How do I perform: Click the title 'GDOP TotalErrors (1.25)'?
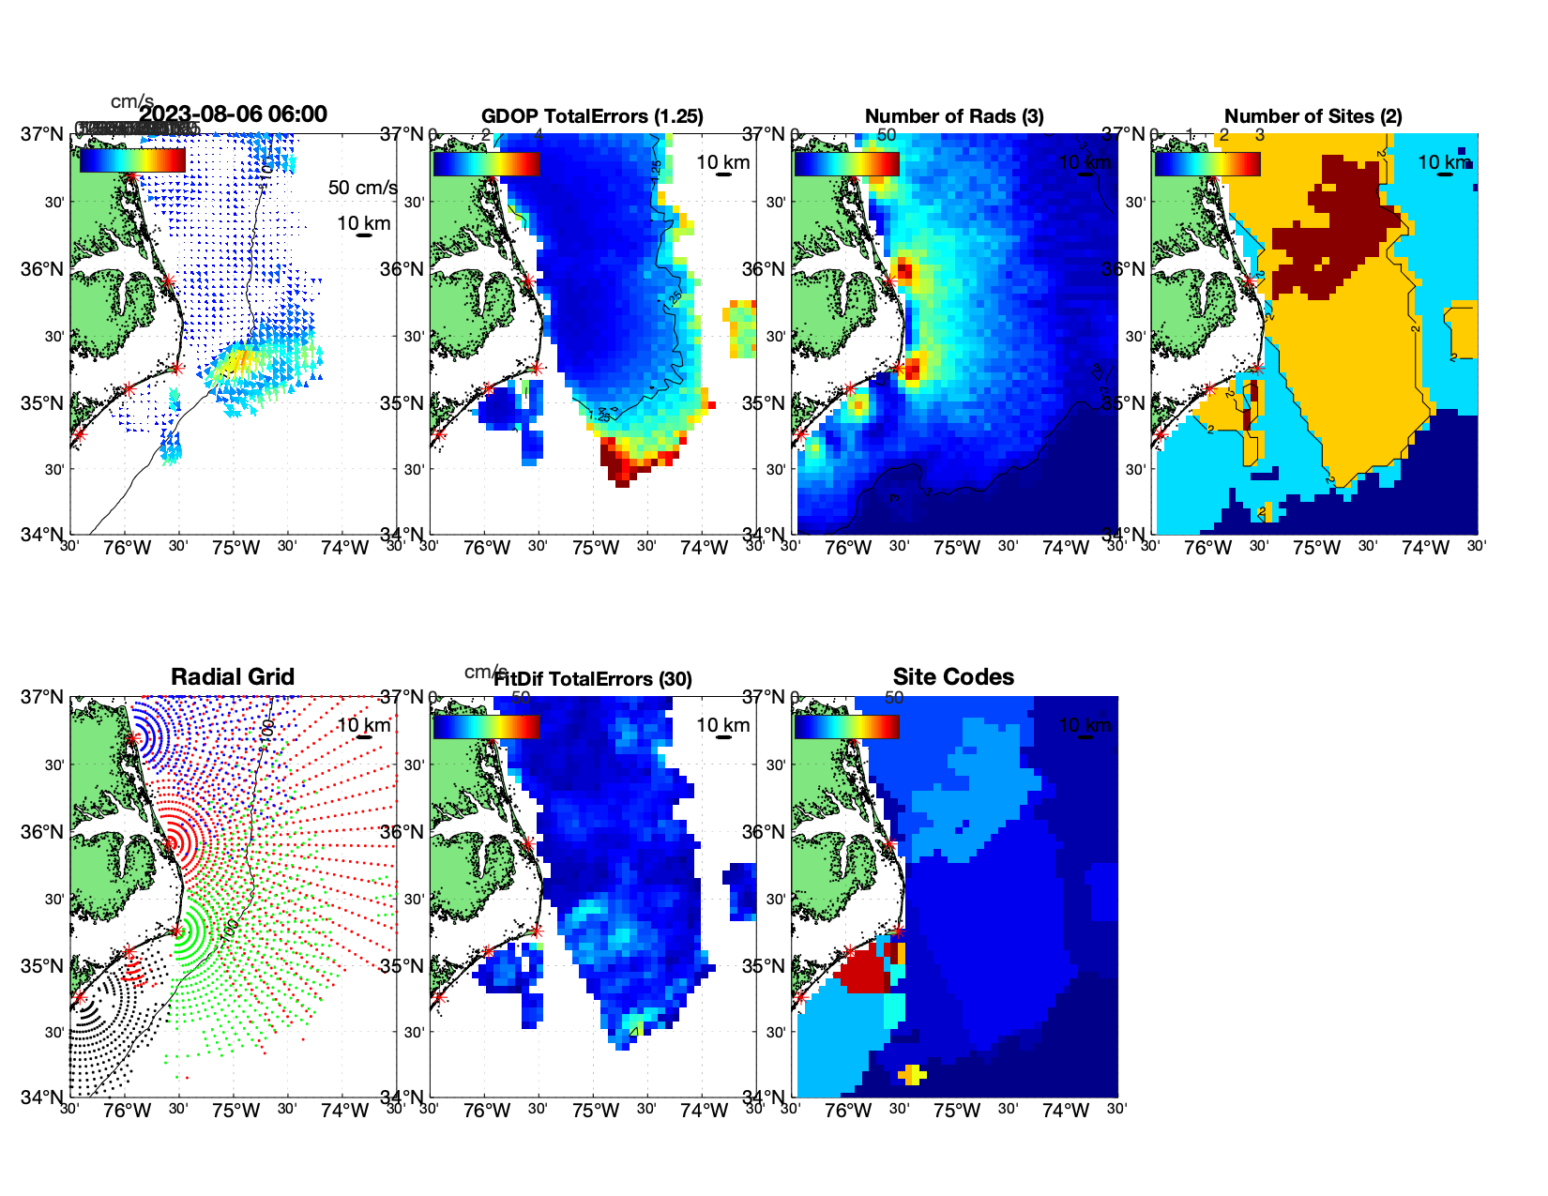pyautogui.click(x=592, y=116)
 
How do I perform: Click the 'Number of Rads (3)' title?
pyautogui.click(x=953, y=116)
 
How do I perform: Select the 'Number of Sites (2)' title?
pyautogui.click(x=1313, y=116)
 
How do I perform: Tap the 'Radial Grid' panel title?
pyautogui.click(x=233, y=677)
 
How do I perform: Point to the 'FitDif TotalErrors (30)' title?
pyautogui.click(x=593, y=679)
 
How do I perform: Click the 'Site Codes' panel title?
pyautogui.click(x=953, y=677)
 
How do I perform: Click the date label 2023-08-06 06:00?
pyautogui.click(x=234, y=114)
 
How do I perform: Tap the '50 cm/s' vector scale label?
pyautogui.click(x=362, y=188)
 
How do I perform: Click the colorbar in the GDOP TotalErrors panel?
pyautogui.click(x=486, y=163)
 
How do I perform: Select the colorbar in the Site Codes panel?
pyautogui.click(x=846, y=726)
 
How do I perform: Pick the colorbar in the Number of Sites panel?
pyautogui.click(x=1207, y=163)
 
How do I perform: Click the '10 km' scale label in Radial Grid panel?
pyautogui.click(x=363, y=725)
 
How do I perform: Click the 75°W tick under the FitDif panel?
pyautogui.click(x=596, y=1112)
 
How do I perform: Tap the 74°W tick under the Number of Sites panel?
pyautogui.click(x=1425, y=549)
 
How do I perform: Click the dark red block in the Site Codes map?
pyautogui.click(x=862, y=971)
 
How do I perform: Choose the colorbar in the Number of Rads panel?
pyautogui.click(x=846, y=163)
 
